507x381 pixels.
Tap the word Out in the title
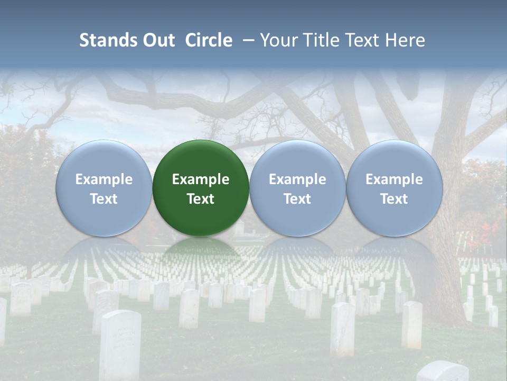(x=158, y=40)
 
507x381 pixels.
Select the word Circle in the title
(x=209, y=40)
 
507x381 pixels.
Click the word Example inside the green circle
(x=201, y=179)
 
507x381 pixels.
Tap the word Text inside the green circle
(x=201, y=199)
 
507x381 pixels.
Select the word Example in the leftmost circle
(x=104, y=179)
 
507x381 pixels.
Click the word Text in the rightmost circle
(x=394, y=199)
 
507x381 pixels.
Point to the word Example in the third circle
(x=297, y=179)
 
